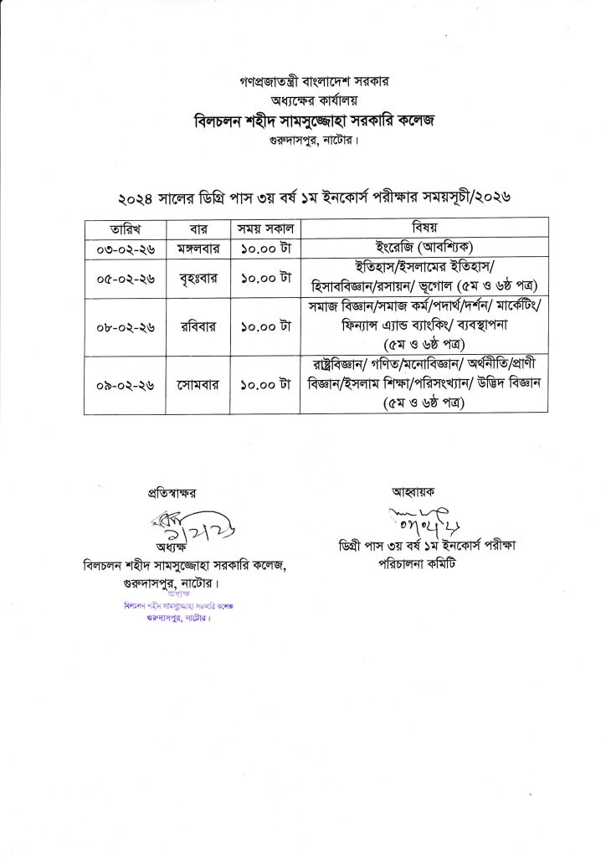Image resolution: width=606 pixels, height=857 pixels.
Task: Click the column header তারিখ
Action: pyautogui.click(x=125, y=228)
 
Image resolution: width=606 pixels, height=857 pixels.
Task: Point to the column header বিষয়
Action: pyautogui.click(x=424, y=228)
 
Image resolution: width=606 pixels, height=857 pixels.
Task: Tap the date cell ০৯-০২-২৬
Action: pyautogui.click(x=125, y=385)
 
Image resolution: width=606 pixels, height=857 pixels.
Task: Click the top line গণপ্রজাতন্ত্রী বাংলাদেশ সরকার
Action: pyautogui.click(x=302, y=83)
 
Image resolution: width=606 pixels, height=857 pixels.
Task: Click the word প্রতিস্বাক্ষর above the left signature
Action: pyautogui.click(x=176, y=495)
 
